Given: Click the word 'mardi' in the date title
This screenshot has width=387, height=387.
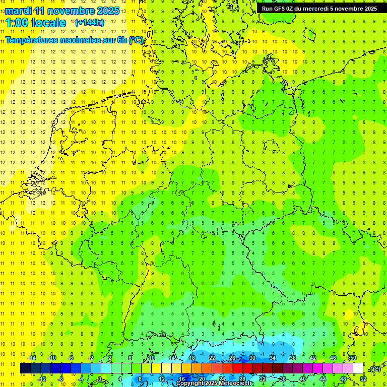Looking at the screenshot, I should [19, 11].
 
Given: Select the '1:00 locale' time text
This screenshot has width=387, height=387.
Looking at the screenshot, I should [36, 23].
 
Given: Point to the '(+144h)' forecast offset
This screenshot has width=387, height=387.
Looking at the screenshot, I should [90, 23].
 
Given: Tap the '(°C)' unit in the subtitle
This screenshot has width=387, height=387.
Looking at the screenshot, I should [136, 40].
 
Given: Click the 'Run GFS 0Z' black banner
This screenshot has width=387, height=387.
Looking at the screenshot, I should [319, 9].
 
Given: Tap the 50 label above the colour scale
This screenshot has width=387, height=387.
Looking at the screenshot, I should [353, 358].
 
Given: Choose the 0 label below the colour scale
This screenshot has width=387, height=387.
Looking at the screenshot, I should [100, 378].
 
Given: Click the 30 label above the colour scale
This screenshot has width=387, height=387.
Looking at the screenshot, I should [252, 358].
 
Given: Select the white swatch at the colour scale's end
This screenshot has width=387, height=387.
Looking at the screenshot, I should [358, 368].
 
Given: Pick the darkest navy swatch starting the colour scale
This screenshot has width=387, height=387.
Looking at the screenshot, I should [25, 368].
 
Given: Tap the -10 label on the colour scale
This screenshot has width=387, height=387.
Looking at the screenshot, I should [51, 358].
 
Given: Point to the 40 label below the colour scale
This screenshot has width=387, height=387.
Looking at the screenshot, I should [302, 378].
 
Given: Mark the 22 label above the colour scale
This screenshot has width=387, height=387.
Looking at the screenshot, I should [212, 358].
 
